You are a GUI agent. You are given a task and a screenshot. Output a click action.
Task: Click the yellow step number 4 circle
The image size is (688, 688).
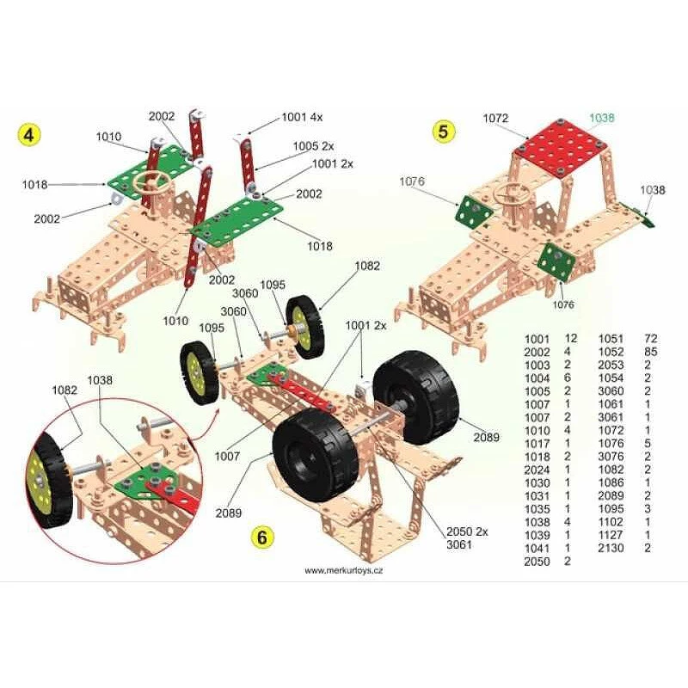[x=28, y=135]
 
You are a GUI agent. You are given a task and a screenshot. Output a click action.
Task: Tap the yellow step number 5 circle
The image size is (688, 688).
[x=443, y=132]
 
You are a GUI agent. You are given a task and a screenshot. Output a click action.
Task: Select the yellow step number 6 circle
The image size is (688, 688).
[x=262, y=537]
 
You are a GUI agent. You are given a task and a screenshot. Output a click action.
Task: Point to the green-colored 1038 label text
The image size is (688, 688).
[x=601, y=118]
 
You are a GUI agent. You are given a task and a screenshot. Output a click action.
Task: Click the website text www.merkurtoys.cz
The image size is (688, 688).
[x=343, y=570]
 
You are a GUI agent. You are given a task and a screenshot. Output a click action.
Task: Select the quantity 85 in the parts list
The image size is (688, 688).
[x=651, y=352]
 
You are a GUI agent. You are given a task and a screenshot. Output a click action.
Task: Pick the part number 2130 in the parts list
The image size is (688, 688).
[x=611, y=548]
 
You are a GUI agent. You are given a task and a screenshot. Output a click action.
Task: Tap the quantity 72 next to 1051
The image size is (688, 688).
[x=651, y=338]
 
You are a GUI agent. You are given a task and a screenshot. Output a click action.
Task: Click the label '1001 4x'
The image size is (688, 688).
[x=302, y=117]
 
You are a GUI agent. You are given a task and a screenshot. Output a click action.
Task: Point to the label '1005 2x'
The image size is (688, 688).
[x=313, y=145]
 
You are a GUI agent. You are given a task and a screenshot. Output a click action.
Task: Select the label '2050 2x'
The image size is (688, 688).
[x=467, y=531]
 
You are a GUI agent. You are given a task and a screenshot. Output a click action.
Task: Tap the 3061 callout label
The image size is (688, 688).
[x=459, y=544]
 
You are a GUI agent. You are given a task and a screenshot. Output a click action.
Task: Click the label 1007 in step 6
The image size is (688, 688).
[x=227, y=457]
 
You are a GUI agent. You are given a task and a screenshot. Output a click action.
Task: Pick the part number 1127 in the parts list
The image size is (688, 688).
[x=611, y=535]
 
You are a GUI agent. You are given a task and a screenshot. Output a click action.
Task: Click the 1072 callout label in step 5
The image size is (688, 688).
[x=496, y=118]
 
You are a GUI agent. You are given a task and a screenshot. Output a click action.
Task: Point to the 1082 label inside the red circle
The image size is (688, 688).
[x=64, y=390]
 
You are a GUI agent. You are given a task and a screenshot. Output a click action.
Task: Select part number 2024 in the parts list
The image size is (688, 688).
[x=537, y=470]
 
